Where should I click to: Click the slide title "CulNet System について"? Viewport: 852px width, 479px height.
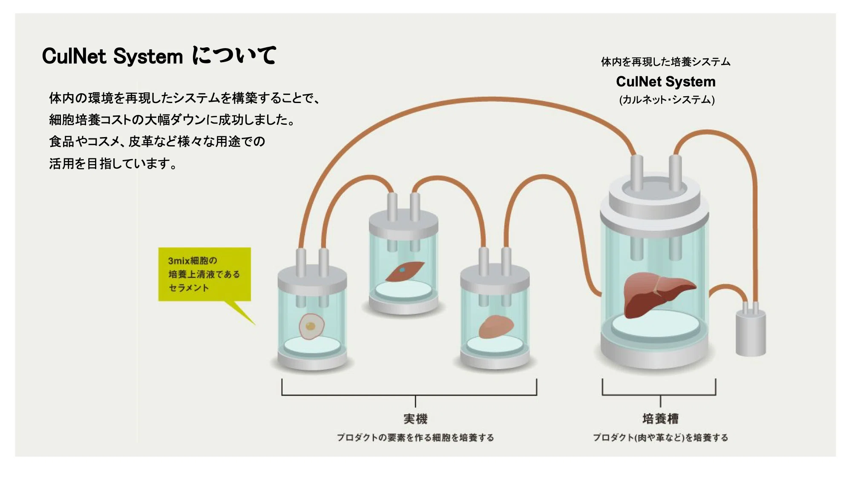159,56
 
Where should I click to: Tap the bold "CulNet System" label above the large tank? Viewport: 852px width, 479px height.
666,81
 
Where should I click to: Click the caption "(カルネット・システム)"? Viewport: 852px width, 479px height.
667,100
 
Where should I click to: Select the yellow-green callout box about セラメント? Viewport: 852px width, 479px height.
204,274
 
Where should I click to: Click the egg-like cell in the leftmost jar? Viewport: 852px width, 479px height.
311,326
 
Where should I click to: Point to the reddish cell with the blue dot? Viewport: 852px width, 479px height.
405,271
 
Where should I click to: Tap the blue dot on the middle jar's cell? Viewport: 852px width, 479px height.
402,270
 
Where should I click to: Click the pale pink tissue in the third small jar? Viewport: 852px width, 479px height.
496,326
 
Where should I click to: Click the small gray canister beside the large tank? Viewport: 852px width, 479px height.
751,331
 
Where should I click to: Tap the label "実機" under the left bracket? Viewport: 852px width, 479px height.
415,419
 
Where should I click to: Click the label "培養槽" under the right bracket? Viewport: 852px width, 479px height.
660,419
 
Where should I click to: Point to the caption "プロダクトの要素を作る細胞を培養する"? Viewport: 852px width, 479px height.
415,437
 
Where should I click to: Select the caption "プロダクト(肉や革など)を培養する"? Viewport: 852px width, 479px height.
660,437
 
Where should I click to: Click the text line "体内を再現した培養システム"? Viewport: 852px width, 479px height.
666,62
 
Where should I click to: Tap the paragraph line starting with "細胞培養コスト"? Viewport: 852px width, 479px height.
172,120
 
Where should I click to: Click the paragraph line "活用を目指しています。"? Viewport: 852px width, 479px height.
113,163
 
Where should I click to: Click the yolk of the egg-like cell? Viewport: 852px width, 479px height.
311,326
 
